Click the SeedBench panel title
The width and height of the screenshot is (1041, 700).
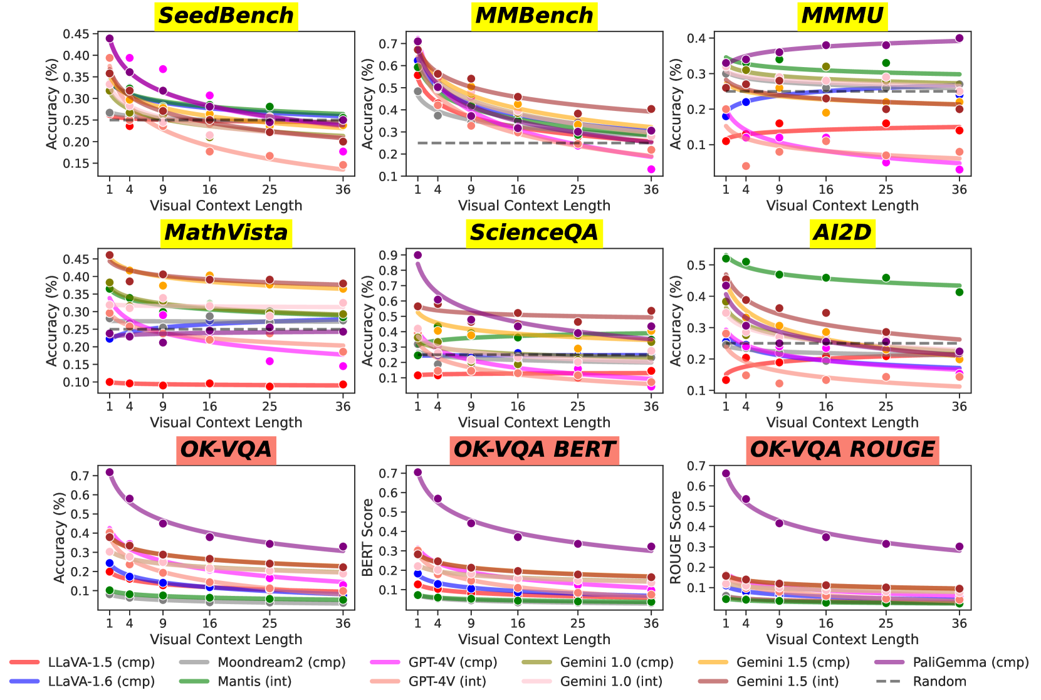226,16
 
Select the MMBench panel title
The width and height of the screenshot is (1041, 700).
534,16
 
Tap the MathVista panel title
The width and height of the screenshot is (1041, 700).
226,232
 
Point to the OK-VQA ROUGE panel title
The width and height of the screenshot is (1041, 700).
842,449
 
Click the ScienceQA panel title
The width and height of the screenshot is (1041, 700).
534,232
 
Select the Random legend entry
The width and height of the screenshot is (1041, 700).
939,681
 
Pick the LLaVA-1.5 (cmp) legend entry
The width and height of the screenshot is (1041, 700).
101,662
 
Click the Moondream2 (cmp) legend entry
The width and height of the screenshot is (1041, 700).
281,662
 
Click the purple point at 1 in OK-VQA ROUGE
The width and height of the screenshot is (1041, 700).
726,473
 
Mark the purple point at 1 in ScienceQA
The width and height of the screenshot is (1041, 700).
418,255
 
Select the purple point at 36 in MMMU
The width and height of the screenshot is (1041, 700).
959,38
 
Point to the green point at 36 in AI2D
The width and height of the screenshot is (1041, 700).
959,292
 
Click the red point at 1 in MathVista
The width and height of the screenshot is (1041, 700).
110,382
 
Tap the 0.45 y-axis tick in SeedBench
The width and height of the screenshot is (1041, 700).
76,34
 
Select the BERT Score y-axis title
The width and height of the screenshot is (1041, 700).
368,537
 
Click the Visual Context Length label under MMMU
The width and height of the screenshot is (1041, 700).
842,206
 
